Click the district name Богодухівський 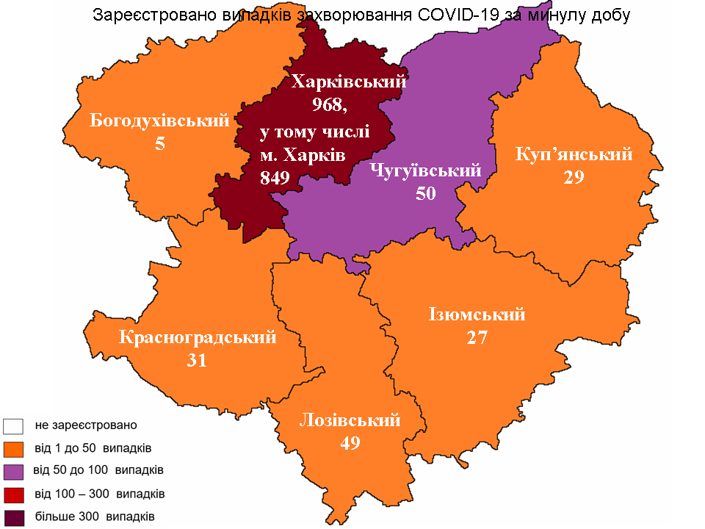click(159, 120)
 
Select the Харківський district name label click(348, 82)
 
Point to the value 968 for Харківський click(329, 105)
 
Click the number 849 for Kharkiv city click(275, 177)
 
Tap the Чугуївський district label click(426, 171)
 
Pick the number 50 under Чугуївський click(426, 193)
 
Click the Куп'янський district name click(574, 154)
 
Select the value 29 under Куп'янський click(574, 177)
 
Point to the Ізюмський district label click(477, 314)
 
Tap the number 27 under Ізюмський click(477, 337)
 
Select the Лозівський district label click(350, 420)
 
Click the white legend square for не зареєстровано click(14, 425)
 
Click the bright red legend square click(14, 493)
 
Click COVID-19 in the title click(459, 15)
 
